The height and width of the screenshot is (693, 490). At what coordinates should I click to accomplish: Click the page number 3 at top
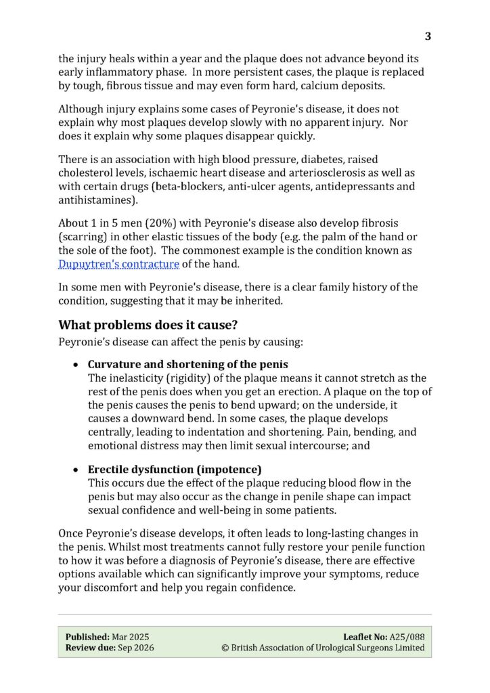[x=428, y=37]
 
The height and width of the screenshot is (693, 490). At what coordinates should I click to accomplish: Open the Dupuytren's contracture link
[x=118, y=264]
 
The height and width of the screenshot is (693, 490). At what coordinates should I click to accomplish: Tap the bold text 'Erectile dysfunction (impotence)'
[x=175, y=469]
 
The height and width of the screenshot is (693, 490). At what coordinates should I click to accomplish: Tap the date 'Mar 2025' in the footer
[x=130, y=637]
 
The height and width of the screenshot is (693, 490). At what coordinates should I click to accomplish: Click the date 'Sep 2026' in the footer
[x=135, y=648]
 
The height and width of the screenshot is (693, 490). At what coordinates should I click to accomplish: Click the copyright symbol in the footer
[x=225, y=648]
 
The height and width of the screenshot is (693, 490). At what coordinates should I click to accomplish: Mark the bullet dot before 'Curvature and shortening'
[x=77, y=365]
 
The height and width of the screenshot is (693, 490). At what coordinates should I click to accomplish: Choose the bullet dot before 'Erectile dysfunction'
[x=77, y=470]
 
